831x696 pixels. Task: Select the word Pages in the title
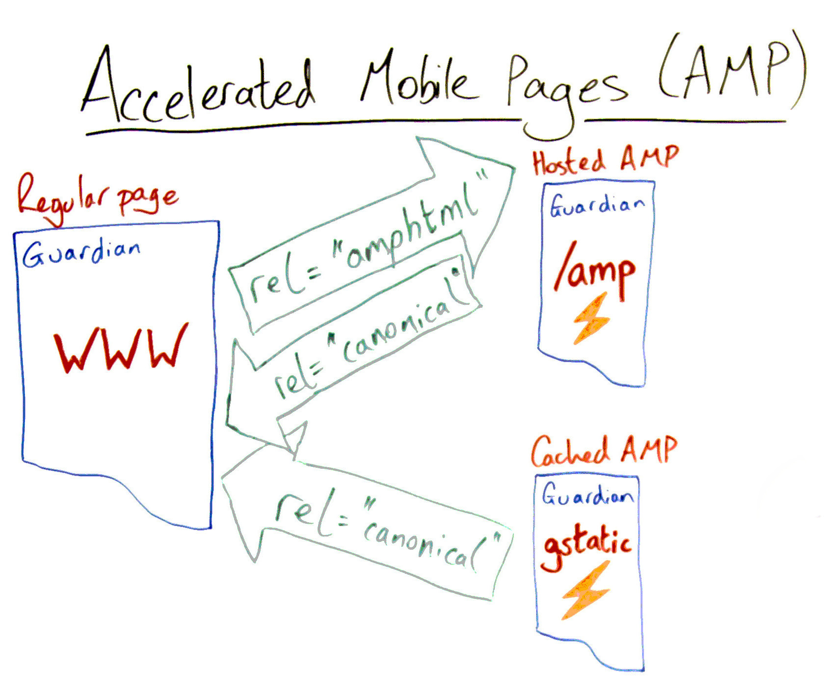click(564, 88)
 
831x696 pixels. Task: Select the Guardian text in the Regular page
click(81, 253)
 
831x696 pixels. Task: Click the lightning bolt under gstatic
click(587, 591)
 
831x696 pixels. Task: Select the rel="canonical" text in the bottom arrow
click(388, 533)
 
